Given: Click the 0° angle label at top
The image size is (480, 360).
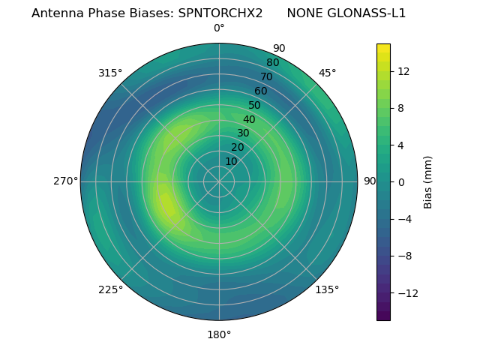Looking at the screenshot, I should pos(219,28).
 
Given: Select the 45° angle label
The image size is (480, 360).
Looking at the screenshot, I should pos(327,73).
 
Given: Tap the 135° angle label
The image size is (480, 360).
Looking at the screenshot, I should pos(327,289).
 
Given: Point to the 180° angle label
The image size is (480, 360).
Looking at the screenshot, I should pos(219,334).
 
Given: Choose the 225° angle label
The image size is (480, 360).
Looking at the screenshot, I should pos(110,290).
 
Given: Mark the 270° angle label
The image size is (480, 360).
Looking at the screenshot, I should pos(65,181).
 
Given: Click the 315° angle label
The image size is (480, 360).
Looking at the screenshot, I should pos(110,73).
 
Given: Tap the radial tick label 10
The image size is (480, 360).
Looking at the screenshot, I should pos(231,161).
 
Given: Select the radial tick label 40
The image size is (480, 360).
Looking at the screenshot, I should pos(249,119).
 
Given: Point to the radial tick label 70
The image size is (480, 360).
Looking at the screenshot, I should pos(267,76).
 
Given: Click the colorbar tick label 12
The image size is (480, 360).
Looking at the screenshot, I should pos(403,70).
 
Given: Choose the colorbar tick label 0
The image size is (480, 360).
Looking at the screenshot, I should pos(399,182).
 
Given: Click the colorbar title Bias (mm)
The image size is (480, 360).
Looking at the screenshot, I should pos(428,182).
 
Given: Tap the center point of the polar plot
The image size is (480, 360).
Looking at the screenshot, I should pos(219,181).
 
